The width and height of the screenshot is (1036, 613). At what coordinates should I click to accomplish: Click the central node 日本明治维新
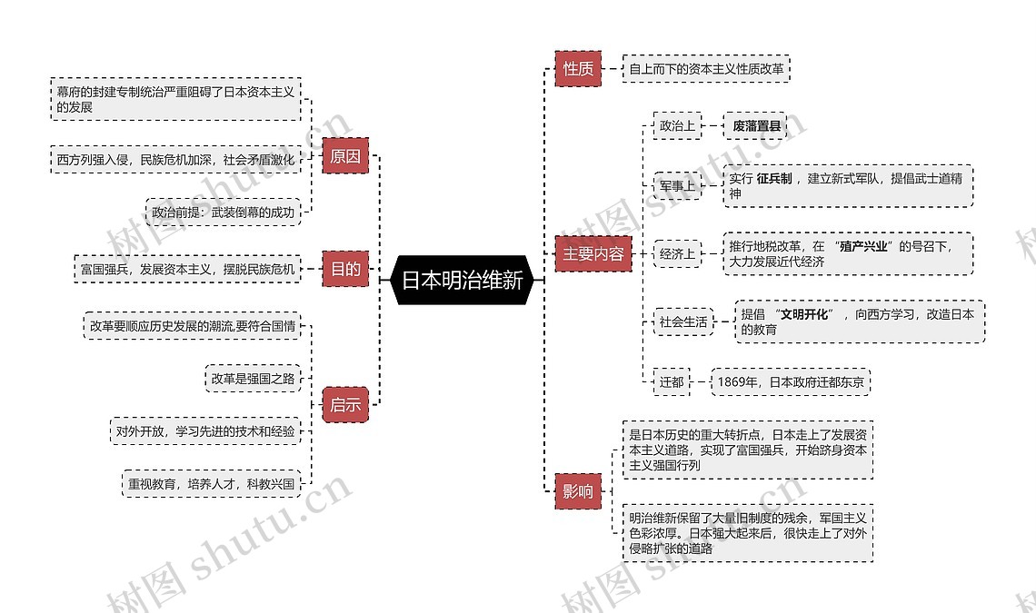(462, 281)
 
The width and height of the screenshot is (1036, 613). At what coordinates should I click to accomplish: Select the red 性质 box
(578, 68)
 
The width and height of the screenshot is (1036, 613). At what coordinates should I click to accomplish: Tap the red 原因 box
(344, 156)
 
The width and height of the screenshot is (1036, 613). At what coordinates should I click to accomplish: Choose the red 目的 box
(344, 269)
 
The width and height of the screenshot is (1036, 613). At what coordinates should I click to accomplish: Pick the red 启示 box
(344, 405)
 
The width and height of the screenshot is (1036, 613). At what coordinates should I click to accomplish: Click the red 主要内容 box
(593, 254)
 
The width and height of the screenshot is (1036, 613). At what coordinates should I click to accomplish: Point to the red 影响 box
(577, 491)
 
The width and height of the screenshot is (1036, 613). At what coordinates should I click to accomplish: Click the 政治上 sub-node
(677, 125)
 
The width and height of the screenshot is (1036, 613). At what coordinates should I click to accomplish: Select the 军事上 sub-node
(677, 185)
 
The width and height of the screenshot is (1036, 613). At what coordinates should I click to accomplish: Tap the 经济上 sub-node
(677, 254)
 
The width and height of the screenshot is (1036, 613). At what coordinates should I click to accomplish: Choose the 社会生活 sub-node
(682, 321)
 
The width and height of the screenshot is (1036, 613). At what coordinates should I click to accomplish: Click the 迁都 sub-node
(672, 382)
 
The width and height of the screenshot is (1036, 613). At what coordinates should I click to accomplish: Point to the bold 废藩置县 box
(756, 126)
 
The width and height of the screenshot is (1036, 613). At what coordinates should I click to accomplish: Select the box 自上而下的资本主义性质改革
(706, 68)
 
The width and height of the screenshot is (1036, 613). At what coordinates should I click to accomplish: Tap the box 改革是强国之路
(253, 379)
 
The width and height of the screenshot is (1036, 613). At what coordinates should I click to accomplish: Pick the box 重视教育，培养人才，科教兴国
(210, 484)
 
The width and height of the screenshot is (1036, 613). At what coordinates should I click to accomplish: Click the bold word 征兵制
(773, 178)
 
